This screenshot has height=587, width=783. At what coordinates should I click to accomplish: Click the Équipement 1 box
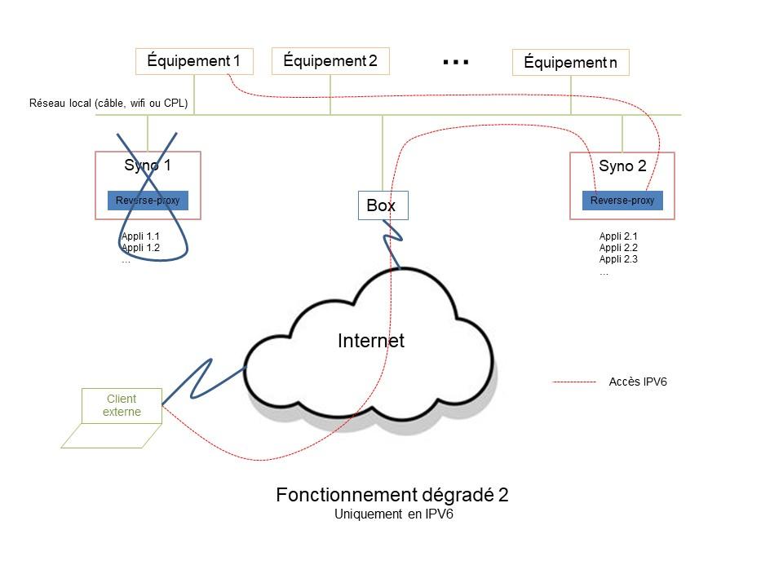(x=194, y=61)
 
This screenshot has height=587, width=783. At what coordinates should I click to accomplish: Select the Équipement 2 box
(x=330, y=61)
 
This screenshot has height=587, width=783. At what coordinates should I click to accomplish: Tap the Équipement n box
(x=570, y=63)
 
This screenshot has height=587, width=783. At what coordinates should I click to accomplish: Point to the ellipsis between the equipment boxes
(x=455, y=62)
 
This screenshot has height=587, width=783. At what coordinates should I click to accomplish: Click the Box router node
(x=382, y=205)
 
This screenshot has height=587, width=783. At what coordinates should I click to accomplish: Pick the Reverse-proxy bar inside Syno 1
(x=148, y=201)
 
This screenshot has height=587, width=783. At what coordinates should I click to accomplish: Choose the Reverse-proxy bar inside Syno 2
(x=622, y=201)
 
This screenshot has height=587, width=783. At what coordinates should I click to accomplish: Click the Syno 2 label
(x=622, y=166)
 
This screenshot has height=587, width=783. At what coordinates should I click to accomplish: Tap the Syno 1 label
(x=148, y=166)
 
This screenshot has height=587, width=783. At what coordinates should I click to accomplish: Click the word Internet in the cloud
(x=370, y=341)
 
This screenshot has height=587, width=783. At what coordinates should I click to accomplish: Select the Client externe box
(x=122, y=405)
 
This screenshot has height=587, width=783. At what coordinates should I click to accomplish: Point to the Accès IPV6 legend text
(x=638, y=382)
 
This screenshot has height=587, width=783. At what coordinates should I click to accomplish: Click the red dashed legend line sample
(x=574, y=382)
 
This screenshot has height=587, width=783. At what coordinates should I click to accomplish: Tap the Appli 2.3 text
(x=618, y=259)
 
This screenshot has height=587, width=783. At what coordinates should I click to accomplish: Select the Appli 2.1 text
(x=618, y=236)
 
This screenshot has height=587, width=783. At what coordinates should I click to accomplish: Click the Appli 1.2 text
(x=140, y=248)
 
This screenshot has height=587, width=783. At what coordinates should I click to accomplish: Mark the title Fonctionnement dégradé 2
(x=392, y=495)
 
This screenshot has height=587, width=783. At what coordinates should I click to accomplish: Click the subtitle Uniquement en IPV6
(x=393, y=514)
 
